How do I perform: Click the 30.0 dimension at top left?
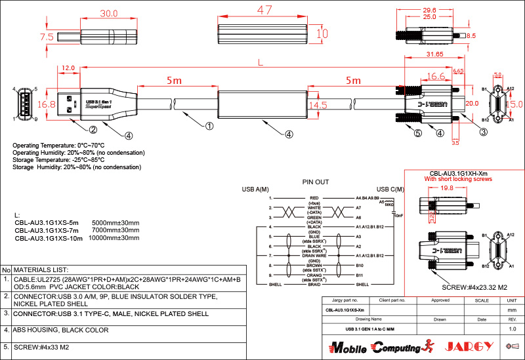pyautogui.click(x=108, y=13)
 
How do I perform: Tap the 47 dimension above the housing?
pyautogui.click(x=264, y=10)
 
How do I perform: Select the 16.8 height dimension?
pyautogui.click(x=47, y=104)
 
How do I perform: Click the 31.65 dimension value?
pyautogui.click(x=434, y=54)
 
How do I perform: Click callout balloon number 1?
pyautogui.click(x=209, y=125)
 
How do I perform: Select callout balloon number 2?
pyautogui.click(x=93, y=129)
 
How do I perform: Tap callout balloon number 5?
pyautogui.click(x=399, y=132)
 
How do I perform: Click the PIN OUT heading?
pyautogui.click(x=316, y=182)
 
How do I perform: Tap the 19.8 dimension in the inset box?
pyautogui.click(x=446, y=188)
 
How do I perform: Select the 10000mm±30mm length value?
pyautogui.click(x=115, y=239)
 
